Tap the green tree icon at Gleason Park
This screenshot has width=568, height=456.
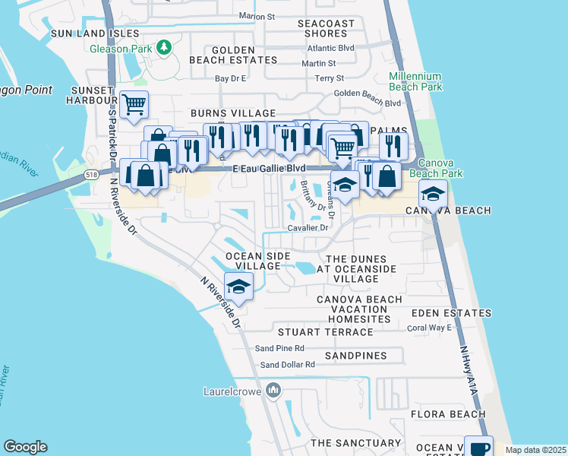coord(164,48)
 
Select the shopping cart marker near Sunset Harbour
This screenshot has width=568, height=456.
coord(134,104)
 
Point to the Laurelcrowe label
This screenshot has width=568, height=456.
coord(232,391)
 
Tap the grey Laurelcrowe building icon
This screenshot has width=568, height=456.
coord(273,391)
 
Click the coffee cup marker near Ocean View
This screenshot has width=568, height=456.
coord(478,448)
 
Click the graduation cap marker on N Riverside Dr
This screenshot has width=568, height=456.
coord(238,287)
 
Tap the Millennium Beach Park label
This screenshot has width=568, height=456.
coord(415,82)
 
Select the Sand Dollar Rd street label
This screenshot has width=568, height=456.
coord(287,365)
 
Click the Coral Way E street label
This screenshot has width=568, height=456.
coord(429,328)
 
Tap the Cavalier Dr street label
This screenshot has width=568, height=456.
coord(308,227)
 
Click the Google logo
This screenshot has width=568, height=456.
coord(25,447)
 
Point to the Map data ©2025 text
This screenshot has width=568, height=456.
coord(535,450)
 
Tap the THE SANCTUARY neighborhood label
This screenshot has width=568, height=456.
coord(355,442)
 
